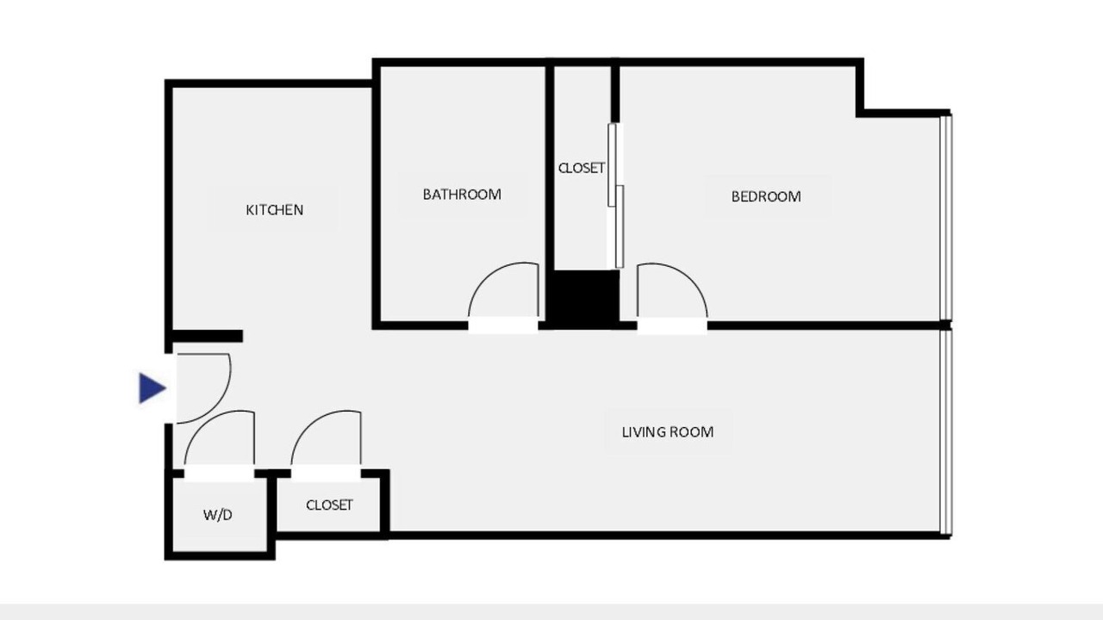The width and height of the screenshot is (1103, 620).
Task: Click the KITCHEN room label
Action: click(x=274, y=210)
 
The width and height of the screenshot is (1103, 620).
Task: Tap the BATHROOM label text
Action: click(x=462, y=195)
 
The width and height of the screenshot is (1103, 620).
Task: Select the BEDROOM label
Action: click(x=766, y=197)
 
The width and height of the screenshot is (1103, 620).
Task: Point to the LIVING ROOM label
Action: click(x=667, y=432)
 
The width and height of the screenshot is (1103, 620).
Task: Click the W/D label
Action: click(x=218, y=515)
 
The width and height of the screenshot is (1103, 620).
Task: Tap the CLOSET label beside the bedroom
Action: click(x=581, y=168)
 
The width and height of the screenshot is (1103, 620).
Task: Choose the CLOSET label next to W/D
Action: click(x=329, y=505)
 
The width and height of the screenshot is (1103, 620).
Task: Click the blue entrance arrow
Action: click(x=153, y=388)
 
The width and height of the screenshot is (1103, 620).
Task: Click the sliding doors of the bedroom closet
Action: click(x=616, y=195)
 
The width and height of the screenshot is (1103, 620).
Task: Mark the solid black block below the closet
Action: click(x=584, y=298)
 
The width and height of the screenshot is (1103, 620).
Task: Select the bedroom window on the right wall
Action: click(x=946, y=217)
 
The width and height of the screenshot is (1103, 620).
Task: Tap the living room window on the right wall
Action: click(x=946, y=432)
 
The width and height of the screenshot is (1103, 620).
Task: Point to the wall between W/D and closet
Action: click(x=271, y=512)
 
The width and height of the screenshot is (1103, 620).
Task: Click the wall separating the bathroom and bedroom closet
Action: click(x=550, y=167)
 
